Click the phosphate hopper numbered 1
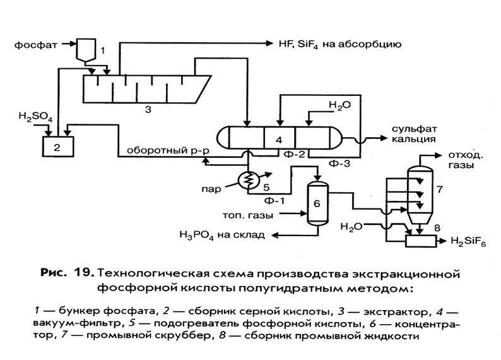[x=86, y=49]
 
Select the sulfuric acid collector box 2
[x=58, y=147]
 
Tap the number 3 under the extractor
[x=148, y=110]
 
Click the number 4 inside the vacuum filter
[x=279, y=140]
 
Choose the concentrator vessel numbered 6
[x=317, y=203]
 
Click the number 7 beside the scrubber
[x=440, y=189]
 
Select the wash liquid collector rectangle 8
[x=421, y=241]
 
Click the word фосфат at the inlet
[x=35, y=45]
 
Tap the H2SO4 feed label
[x=35, y=116]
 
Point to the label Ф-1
[x=274, y=200]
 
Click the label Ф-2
[x=294, y=154]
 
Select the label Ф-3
[x=339, y=164]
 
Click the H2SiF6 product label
[x=468, y=242]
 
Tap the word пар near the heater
[x=211, y=189]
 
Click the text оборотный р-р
[x=168, y=150]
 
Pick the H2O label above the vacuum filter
[x=340, y=105]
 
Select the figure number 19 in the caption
[x=84, y=273]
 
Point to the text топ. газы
[x=248, y=215]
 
